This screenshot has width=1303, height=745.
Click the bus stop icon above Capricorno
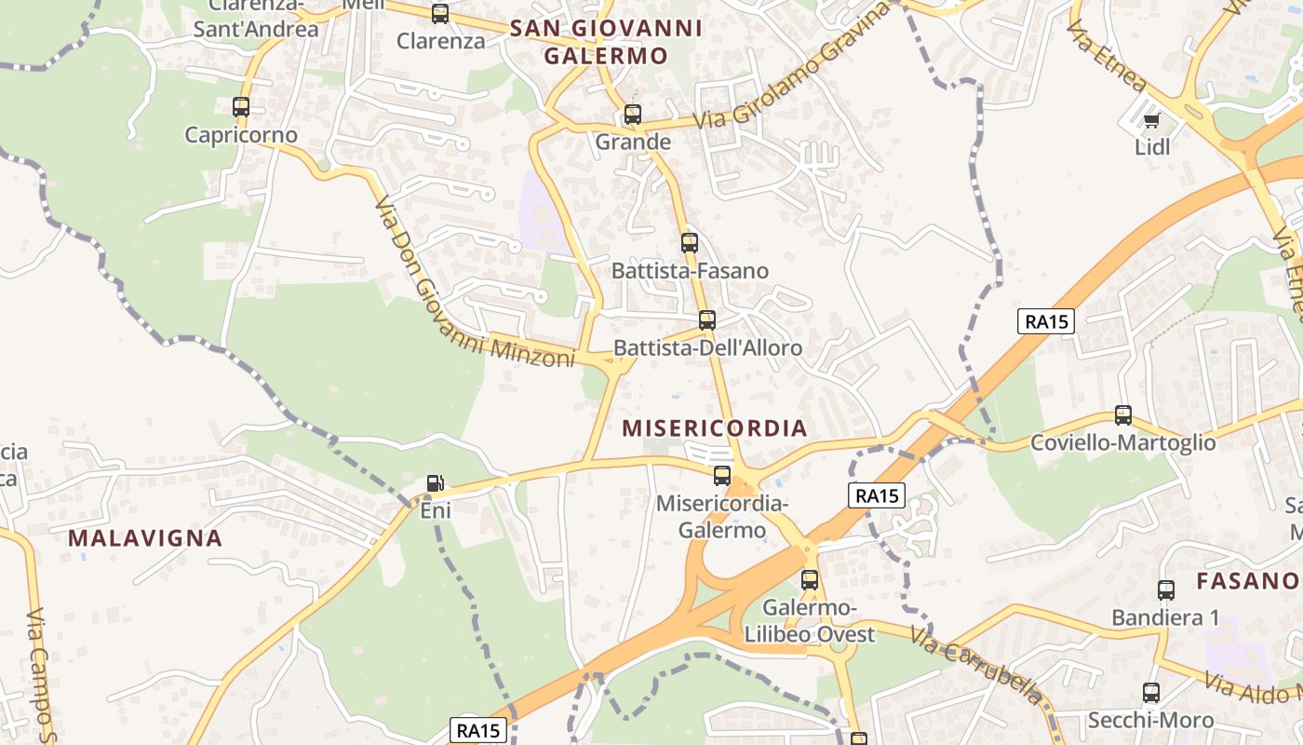coord(241,107)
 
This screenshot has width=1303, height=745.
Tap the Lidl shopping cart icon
coord(1151,119)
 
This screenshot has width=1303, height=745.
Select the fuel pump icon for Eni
coord(435,483)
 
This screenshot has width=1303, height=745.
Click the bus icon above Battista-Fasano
coord(689,243)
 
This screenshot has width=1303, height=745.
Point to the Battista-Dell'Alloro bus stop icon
coord(707,320)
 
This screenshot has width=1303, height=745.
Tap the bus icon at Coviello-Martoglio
coord(1123,415)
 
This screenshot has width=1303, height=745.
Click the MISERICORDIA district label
coord(715,428)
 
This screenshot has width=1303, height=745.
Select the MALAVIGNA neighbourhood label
coord(145,538)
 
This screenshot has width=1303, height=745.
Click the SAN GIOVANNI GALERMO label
coord(606,42)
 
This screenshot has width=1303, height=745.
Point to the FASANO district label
coord(1247,582)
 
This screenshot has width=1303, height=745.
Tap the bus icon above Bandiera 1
coord(1166,589)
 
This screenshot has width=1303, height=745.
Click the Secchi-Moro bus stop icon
coord(1151,693)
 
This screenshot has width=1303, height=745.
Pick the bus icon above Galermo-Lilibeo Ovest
coord(810,579)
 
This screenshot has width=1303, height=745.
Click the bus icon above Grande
coord(633,115)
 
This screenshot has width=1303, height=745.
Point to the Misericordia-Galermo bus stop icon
coord(722,476)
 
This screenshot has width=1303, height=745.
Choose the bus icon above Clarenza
coord(440,14)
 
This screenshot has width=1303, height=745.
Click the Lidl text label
coord(1152,147)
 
